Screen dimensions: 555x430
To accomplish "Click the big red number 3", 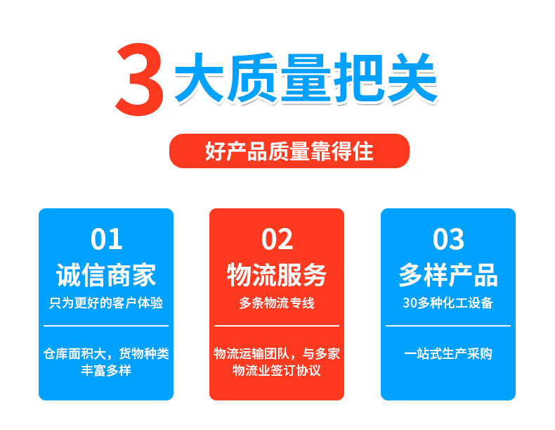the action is (x=140, y=80).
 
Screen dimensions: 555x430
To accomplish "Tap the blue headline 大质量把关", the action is (x=306, y=78).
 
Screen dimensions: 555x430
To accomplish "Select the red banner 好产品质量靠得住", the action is (x=289, y=151).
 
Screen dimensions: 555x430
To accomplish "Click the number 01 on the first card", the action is (x=106, y=239).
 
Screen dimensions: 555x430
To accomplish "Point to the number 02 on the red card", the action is (x=277, y=239).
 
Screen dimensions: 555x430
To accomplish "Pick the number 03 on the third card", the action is (x=448, y=239).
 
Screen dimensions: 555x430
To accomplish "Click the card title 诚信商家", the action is (x=106, y=274).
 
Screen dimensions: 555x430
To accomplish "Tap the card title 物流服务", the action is (x=277, y=274).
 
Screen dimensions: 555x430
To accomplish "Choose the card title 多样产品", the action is (x=448, y=274).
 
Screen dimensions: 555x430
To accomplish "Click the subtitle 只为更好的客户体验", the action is (x=106, y=303).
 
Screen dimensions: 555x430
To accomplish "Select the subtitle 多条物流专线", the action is (x=277, y=303).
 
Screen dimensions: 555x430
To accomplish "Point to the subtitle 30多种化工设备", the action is (x=448, y=303).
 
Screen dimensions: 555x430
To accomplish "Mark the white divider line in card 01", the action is (x=106, y=325).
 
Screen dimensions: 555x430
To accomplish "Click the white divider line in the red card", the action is (x=277, y=325).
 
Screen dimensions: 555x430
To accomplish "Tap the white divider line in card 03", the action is (x=448, y=325).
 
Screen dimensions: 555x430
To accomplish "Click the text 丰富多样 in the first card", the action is (x=106, y=370).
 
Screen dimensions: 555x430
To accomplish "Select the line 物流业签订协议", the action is (x=277, y=370).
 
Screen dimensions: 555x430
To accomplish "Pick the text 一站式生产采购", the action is (x=448, y=353).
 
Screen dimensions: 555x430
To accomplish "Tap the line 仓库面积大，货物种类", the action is (x=106, y=353).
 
